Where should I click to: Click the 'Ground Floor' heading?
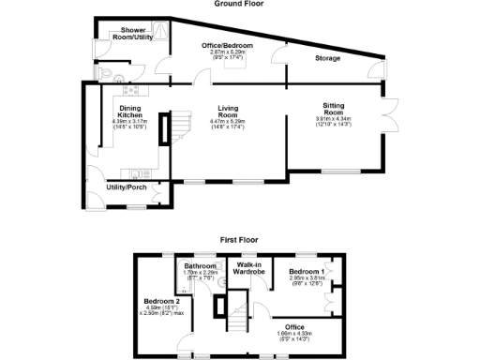[240, 4]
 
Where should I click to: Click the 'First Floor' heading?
[239, 240]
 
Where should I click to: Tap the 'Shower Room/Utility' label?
[131, 36]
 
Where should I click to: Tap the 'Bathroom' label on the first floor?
[201, 265]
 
